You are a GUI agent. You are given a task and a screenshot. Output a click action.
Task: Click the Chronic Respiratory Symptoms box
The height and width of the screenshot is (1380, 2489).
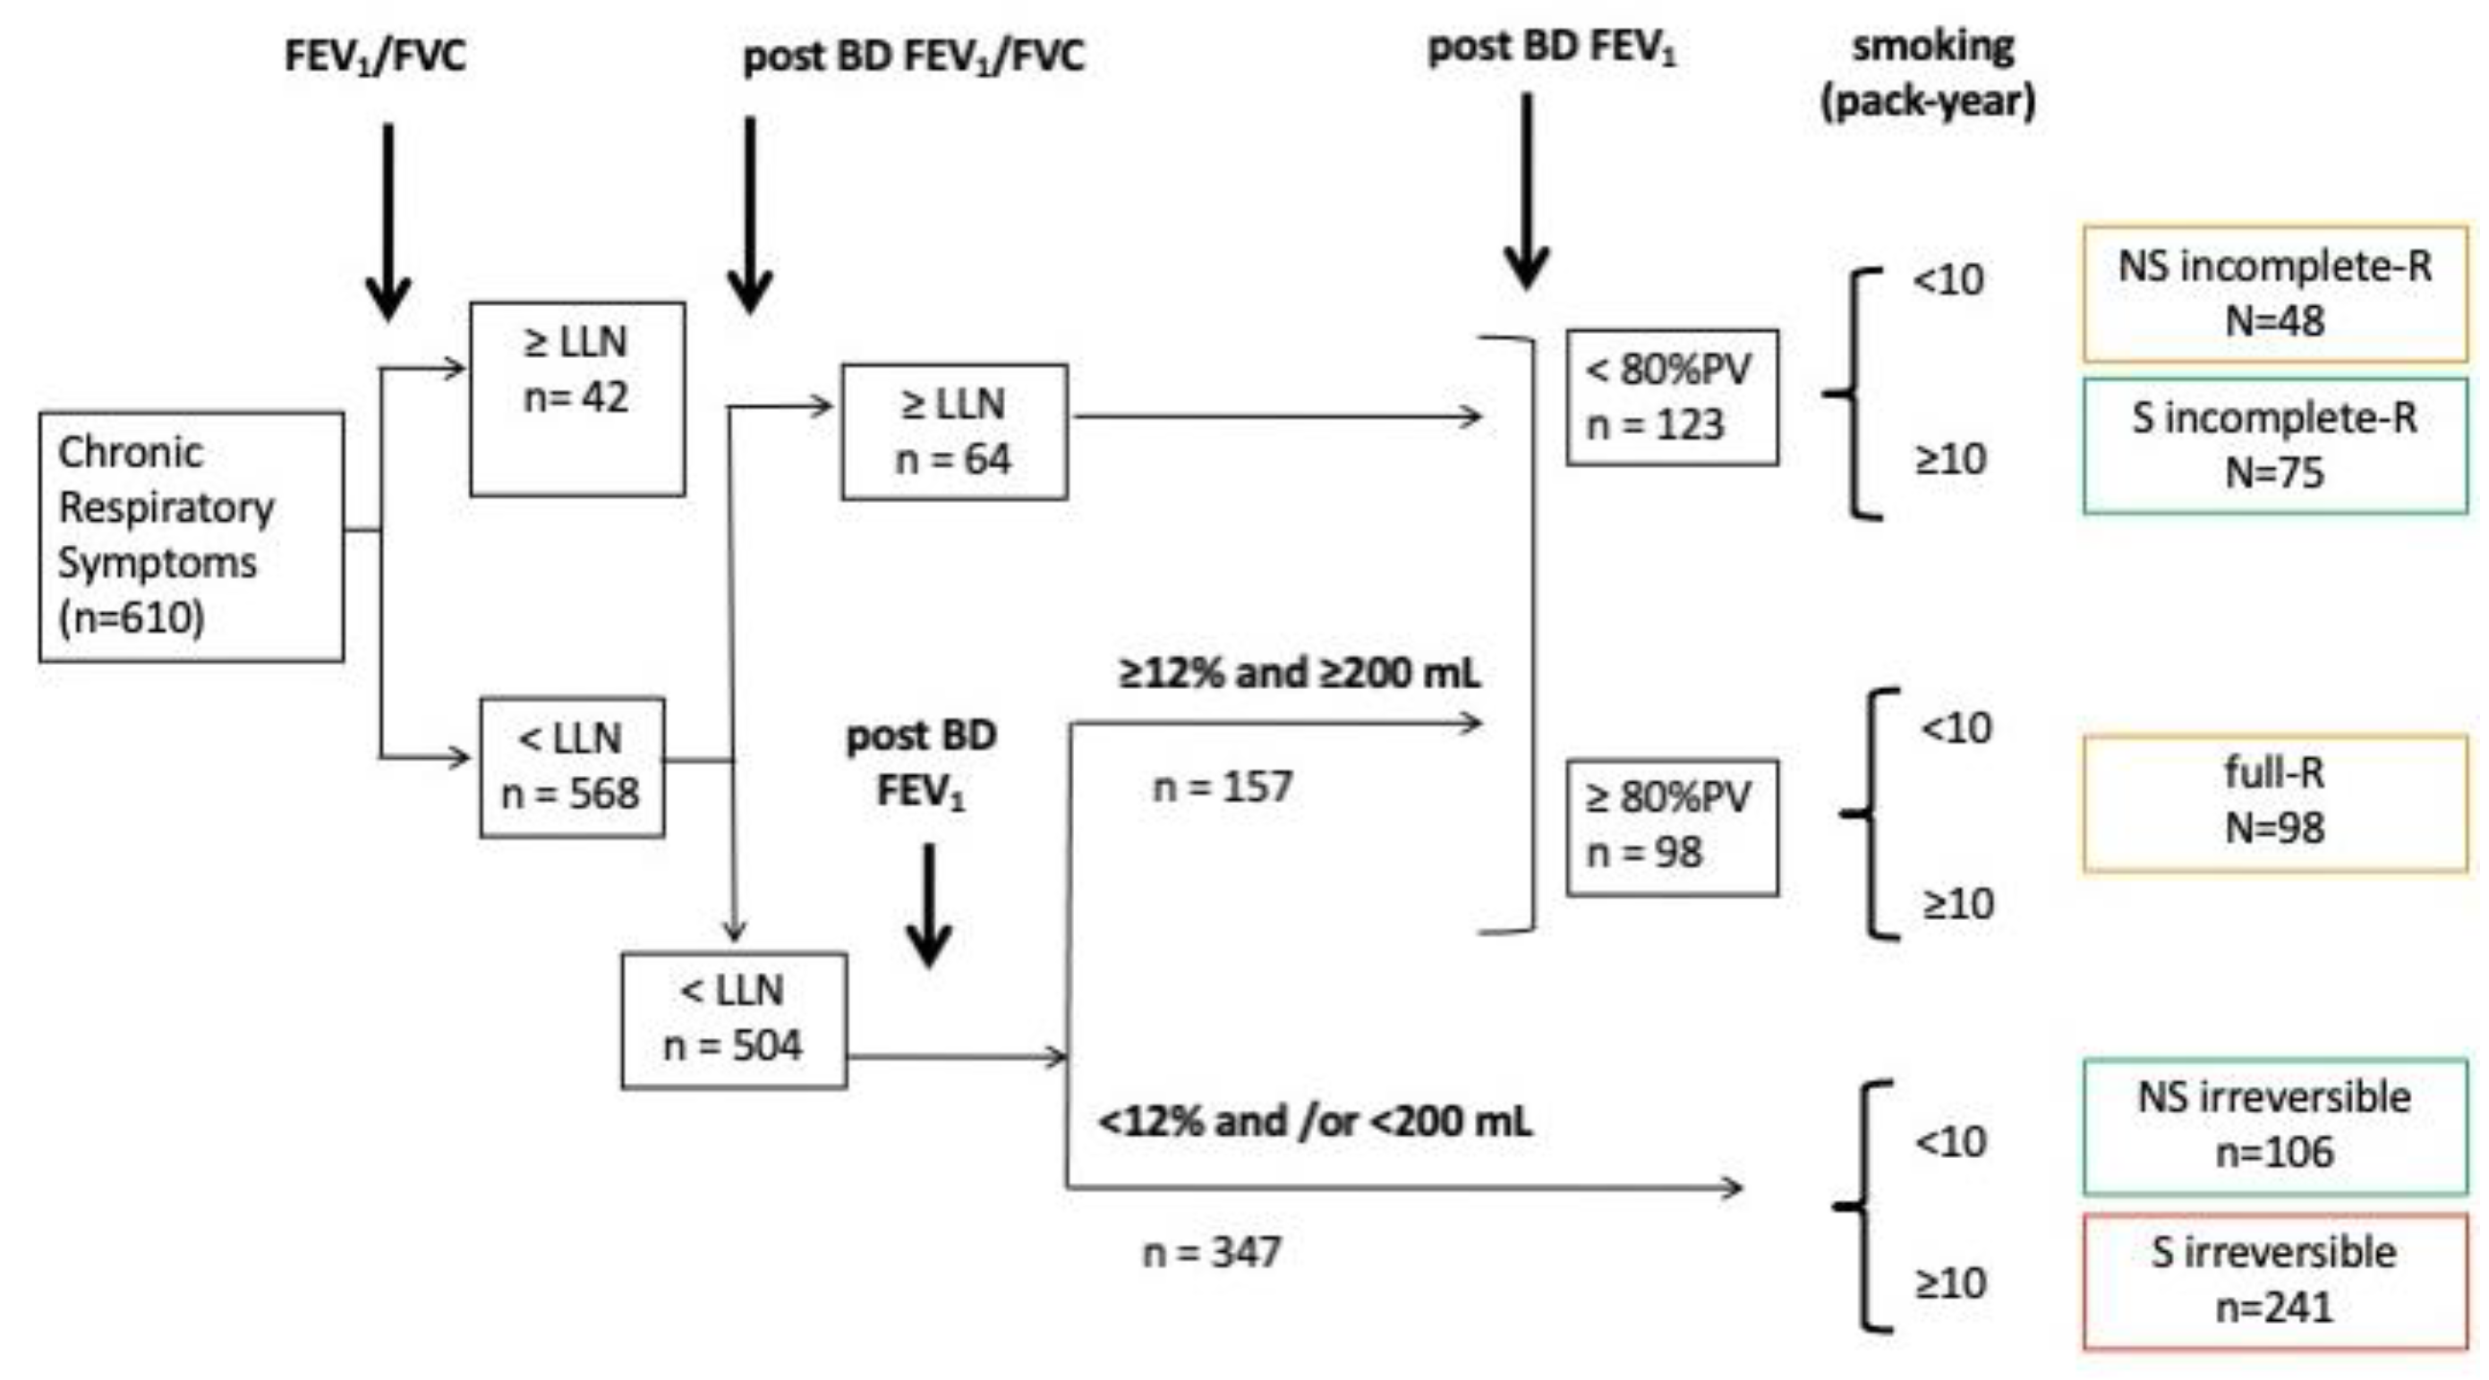point(192,536)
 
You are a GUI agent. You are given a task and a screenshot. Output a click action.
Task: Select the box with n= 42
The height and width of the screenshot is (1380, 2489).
point(577,398)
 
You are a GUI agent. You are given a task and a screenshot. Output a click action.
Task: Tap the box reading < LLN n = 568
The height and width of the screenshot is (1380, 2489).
point(571,766)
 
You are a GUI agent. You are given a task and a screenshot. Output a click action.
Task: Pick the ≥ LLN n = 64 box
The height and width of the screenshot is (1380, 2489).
point(954,431)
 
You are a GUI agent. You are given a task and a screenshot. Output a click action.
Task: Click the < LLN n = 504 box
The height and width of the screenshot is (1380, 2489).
point(733,1019)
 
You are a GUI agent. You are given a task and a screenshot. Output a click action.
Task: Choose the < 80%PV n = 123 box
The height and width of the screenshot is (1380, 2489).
point(1671,397)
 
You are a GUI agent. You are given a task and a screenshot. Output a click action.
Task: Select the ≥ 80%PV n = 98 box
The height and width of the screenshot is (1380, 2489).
point(1671,826)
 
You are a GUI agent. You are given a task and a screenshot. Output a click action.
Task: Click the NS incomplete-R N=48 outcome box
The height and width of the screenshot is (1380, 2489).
point(2273,294)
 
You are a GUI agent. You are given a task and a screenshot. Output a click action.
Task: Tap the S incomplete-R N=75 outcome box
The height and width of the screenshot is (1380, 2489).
point(2273,446)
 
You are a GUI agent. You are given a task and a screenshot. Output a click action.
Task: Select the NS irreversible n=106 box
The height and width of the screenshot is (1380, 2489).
point(2273,1126)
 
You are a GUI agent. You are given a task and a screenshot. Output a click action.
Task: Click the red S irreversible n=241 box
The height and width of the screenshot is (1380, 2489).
point(2273,1281)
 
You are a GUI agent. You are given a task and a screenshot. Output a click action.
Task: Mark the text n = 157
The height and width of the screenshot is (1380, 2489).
point(1223,787)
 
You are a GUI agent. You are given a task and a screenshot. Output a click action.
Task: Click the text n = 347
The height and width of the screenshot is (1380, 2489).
point(1212,1252)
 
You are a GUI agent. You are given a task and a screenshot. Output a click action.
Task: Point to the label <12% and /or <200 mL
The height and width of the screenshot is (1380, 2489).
point(1315,1122)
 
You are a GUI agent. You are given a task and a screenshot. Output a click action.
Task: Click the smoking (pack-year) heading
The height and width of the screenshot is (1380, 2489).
point(1930,74)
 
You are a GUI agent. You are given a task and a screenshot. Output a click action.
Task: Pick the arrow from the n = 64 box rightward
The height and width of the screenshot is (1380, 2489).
point(1275,416)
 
